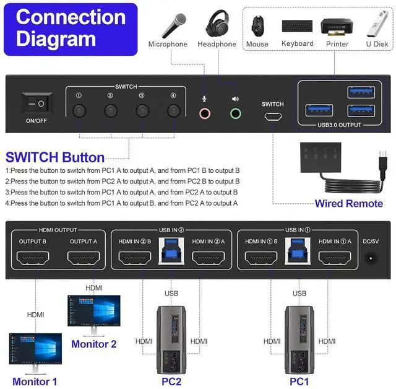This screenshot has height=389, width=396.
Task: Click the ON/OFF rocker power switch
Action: pos(37,103)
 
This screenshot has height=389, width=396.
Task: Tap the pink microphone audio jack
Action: pos(205,113)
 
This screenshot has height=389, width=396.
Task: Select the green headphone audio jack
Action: pos(235,113)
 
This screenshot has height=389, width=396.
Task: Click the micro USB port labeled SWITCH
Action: pos(273,116)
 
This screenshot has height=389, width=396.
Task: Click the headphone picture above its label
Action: pos(217,24)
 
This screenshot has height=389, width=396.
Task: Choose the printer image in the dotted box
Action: pos(337,27)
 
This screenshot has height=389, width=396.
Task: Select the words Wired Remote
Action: pos(348,204)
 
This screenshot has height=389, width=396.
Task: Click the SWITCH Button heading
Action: pos(55,157)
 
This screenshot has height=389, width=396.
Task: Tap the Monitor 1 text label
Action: pos(35,382)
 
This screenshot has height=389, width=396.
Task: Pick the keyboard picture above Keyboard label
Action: pos(297,27)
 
